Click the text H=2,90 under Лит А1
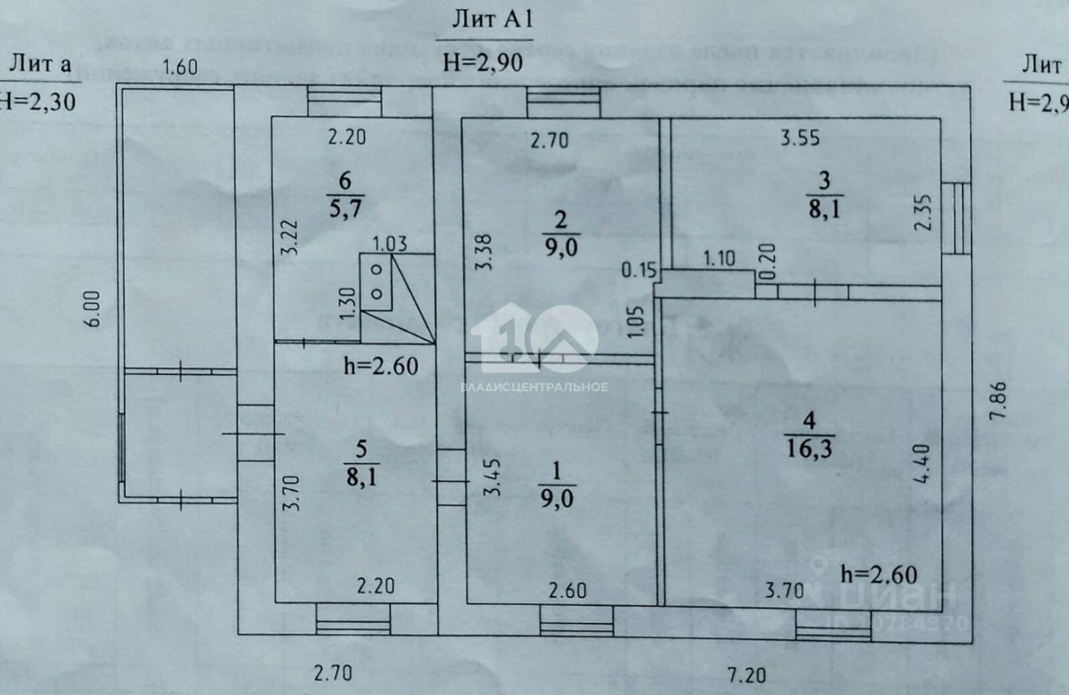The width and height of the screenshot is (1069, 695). (x=484, y=62)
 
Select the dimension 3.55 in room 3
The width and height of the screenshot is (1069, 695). (x=801, y=140)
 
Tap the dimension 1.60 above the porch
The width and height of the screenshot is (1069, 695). (x=180, y=68)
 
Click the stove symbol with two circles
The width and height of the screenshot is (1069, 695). (x=377, y=282)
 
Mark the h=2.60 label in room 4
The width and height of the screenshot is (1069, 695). (x=879, y=574)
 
